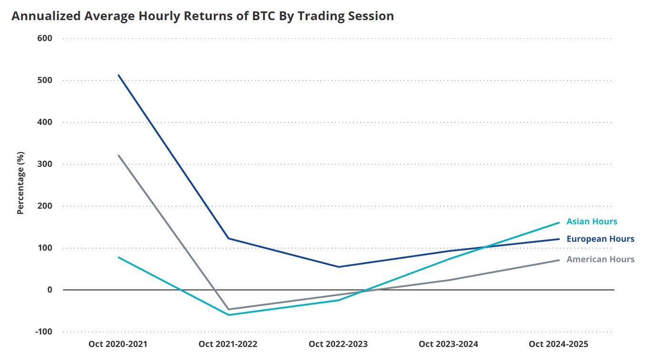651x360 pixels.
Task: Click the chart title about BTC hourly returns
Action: (x=203, y=16)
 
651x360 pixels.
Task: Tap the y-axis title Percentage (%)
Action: (x=20, y=183)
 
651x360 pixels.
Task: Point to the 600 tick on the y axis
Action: (x=45, y=38)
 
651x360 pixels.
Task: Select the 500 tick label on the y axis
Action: (x=45, y=80)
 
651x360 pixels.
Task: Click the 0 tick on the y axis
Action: (x=49, y=290)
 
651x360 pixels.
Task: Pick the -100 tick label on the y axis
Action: (x=43, y=332)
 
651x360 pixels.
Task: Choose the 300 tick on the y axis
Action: (x=45, y=164)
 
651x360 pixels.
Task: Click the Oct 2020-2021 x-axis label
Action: (x=118, y=344)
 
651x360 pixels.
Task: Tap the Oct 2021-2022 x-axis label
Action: (x=228, y=344)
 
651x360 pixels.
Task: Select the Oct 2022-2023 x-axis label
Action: (x=338, y=344)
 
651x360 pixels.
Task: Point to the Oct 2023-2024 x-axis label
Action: (x=448, y=344)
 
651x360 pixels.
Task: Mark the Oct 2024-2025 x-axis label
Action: (x=559, y=344)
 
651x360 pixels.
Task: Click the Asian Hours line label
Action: (x=592, y=222)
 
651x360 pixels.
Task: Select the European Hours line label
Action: (x=600, y=239)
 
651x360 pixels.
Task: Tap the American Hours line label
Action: (x=600, y=259)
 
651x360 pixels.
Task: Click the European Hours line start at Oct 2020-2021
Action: (x=119, y=75)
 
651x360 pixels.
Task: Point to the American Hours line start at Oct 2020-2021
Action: (x=119, y=155)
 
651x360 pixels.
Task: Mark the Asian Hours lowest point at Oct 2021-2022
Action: (x=228, y=315)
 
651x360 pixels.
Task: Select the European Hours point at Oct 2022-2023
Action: (x=338, y=267)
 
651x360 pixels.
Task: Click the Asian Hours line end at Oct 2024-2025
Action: (x=559, y=223)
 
